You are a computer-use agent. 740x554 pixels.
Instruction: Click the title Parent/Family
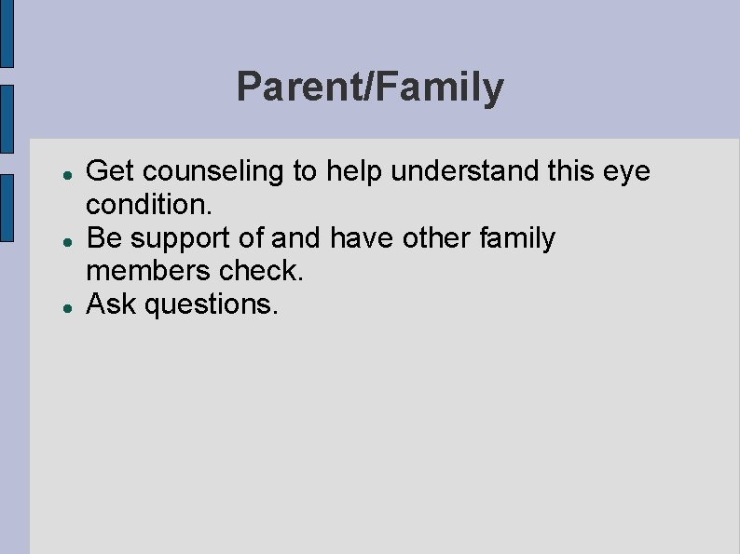click(x=370, y=88)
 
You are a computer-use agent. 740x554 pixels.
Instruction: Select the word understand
click(x=458, y=171)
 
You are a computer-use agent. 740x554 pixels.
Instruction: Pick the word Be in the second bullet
click(x=103, y=238)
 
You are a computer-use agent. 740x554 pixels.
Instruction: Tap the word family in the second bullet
click(x=516, y=239)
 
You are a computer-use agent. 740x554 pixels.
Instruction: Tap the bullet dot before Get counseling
click(x=58, y=173)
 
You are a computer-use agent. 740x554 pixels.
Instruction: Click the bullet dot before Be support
click(x=58, y=240)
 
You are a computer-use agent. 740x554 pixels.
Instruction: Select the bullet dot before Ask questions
click(x=58, y=305)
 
